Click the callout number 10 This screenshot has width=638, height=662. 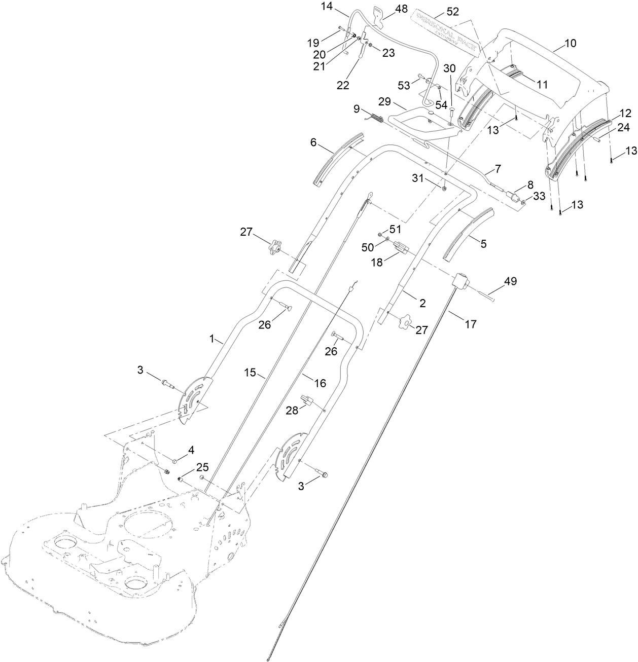pos(570,44)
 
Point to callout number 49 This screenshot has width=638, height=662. pos(510,281)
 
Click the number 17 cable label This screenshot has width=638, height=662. pos(471,324)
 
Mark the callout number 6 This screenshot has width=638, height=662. pos(313,143)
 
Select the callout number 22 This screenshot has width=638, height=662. pos(343,85)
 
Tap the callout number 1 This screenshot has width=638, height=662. pos(214,339)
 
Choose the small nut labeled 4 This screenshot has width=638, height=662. pos(174,461)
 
